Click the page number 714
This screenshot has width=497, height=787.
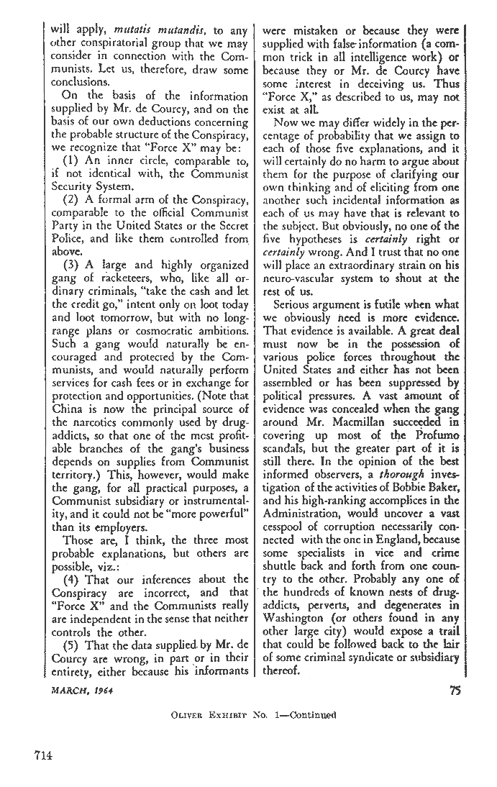pyautogui.click(x=45, y=755)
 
